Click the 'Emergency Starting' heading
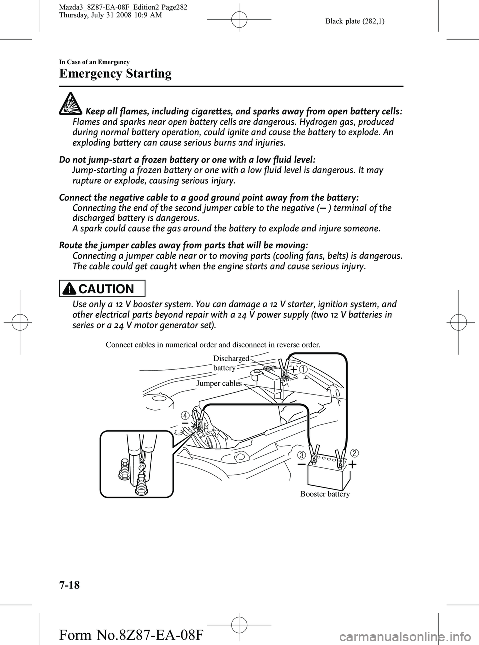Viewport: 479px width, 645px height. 115,74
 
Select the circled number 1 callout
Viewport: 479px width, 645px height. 303,369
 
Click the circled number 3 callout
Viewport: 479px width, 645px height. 302,455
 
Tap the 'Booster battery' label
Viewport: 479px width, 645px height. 325,494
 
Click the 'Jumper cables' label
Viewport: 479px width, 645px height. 219,383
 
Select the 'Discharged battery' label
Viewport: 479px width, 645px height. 231,363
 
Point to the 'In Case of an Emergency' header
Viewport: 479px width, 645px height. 94,62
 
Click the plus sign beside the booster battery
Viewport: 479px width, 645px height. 352,465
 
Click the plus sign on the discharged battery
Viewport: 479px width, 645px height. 293,369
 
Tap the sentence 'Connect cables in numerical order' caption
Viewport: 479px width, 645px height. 213,344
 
